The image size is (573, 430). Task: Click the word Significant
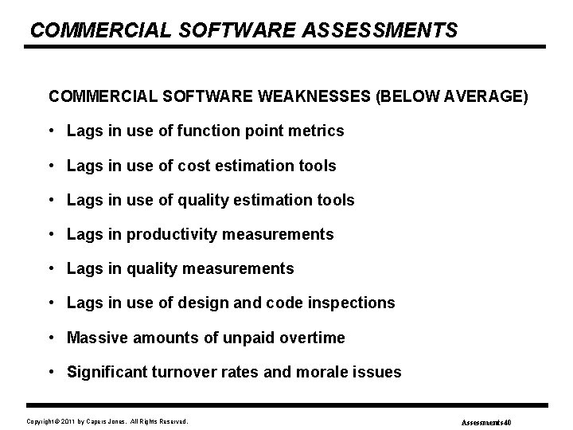coord(107,372)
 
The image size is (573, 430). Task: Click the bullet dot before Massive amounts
coord(52,338)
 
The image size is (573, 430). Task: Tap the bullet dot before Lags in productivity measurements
coord(52,234)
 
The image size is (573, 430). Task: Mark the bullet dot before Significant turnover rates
coord(52,372)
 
